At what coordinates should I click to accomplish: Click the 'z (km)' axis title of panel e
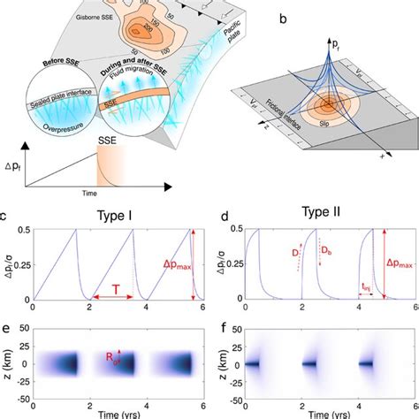coord(7,362)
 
